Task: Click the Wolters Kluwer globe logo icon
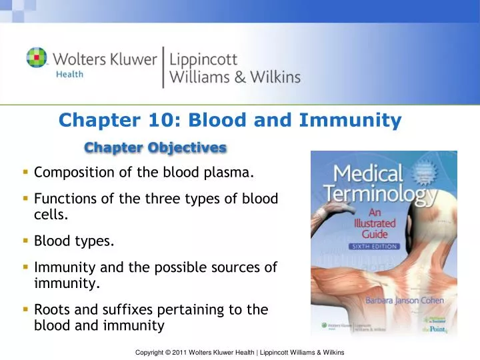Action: [x=36, y=57]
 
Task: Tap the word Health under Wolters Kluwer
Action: [x=68, y=75]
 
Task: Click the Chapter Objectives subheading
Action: [x=155, y=147]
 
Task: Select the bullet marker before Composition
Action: [x=24, y=173]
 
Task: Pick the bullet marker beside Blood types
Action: [x=24, y=241]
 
